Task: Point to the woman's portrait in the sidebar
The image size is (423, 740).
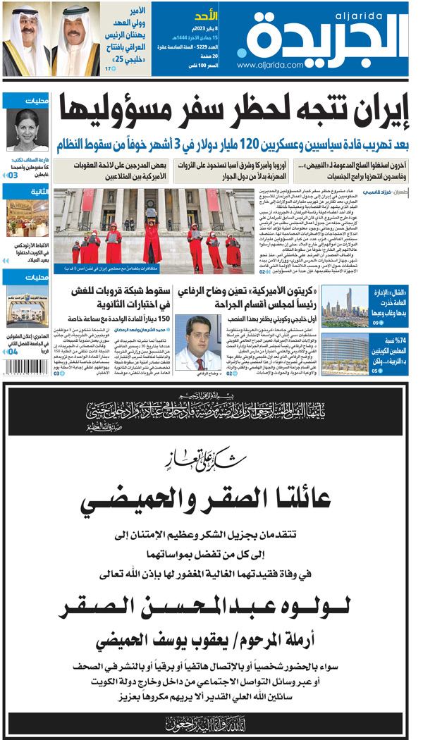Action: (27, 130)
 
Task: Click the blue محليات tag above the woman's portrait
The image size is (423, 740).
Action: (27, 101)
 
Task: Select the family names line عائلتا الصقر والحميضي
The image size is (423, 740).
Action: (211, 502)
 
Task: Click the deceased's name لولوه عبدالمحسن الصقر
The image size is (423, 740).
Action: (211, 605)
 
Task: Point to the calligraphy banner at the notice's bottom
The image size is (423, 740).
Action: (211, 722)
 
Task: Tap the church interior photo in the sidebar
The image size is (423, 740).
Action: (27, 219)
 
